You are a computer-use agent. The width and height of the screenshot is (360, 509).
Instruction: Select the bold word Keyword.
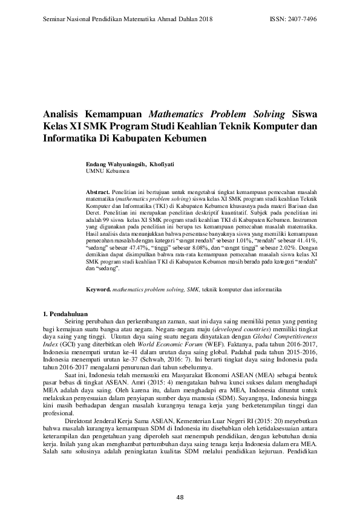click(99, 290)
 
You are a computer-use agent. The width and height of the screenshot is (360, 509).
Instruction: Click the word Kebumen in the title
click(181, 137)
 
